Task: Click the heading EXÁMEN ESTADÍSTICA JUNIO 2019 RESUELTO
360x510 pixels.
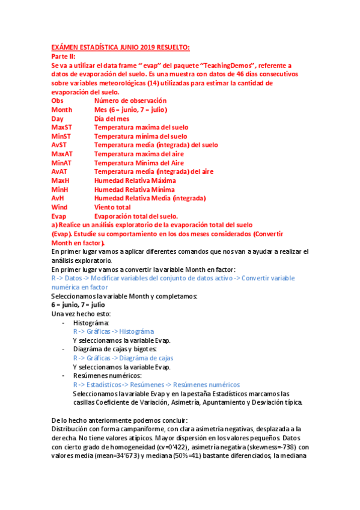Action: coord(120,47)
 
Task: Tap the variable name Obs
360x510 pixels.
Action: coord(58,101)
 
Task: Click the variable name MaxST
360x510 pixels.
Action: coord(61,127)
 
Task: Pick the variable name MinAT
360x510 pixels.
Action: coord(61,162)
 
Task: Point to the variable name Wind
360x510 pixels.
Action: coord(59,206)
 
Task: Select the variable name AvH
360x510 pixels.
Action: coord(58,198)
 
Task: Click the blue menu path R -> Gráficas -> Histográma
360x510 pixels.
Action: coord(113,331)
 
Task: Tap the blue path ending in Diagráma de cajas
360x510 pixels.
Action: coord(123,358)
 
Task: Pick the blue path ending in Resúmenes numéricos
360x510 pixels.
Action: coord(156,384)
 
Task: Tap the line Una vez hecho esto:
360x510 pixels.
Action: coord(81,313)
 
